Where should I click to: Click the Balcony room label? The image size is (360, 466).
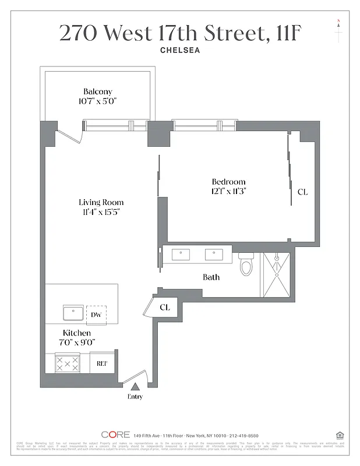(97, 91)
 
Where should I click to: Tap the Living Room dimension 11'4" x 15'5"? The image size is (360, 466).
(101, 212)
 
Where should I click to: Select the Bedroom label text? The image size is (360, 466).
(228, 182)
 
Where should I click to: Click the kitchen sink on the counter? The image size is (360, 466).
(73, 313)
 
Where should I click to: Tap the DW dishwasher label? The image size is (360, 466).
(96, 315)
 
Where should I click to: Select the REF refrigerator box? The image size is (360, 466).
(103, 363)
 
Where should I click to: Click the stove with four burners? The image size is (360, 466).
(67, 363)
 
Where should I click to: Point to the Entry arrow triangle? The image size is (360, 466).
(135, 386)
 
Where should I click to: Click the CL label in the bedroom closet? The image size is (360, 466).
(302, 192)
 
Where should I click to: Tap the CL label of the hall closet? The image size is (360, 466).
(165, 307)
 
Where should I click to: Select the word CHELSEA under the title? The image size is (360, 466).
(180, 50)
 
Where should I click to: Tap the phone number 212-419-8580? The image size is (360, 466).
(244, 435)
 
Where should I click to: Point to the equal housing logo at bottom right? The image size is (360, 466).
(339, 435)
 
